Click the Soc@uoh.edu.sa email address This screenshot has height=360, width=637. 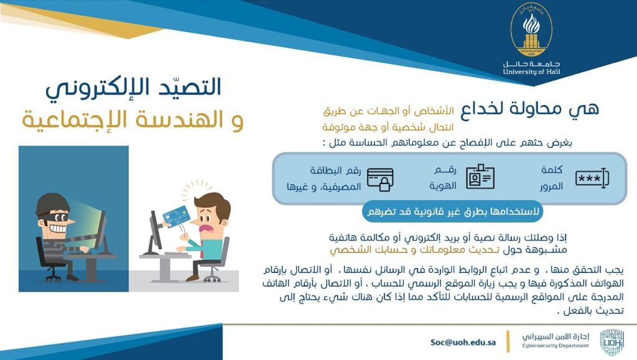tap(463, 342)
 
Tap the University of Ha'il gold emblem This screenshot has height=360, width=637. tap(531, 30)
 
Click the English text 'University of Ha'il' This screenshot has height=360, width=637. tap(531, 72)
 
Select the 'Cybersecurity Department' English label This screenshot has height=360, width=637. tap(556, 346)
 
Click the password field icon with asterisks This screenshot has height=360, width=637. tap(592, 178)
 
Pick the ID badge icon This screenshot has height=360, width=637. tap(480, 177)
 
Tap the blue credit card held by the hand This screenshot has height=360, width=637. tap(177, 216)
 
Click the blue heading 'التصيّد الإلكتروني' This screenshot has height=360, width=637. tap(133, 88)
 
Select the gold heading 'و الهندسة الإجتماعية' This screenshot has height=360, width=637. tap(133, 120)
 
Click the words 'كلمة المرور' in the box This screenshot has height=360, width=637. tap(551, 178)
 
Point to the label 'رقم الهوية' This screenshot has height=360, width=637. tap(443, 178)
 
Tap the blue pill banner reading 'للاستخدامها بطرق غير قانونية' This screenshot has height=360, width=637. tap(452, 211)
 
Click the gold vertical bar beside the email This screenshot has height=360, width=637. tap(508, 341)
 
